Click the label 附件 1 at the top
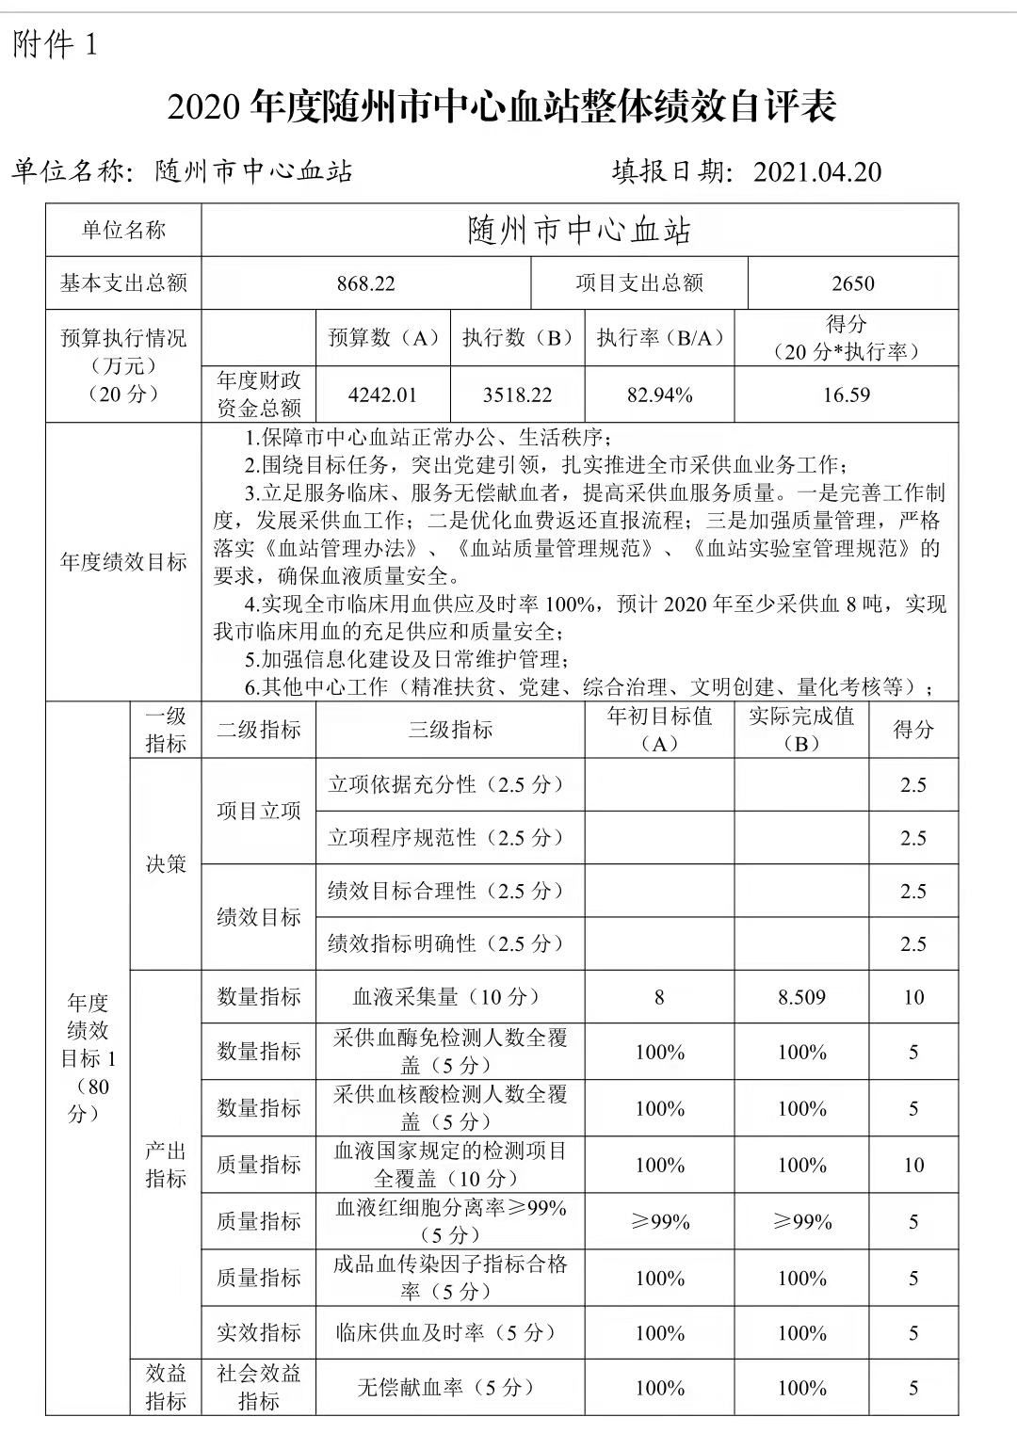click(55, 44)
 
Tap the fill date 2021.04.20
click(817, 171)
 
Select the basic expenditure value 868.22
click(365, 283)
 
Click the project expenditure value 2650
click(852, 283)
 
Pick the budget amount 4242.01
click(382, 394)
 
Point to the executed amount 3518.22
click(517, 394)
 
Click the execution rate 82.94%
click(659, 394)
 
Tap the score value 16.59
click(846, 394)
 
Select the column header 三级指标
click(450, 730)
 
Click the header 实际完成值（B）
click(800, 730)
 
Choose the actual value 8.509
click(800, 997)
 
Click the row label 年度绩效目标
click(123, 562)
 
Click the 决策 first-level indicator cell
click(166, 864)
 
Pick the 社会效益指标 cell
click(258, 1387)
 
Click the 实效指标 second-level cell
click(258, 1332)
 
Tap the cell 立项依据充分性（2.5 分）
click(446, 784)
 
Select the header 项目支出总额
click(639, 283)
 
